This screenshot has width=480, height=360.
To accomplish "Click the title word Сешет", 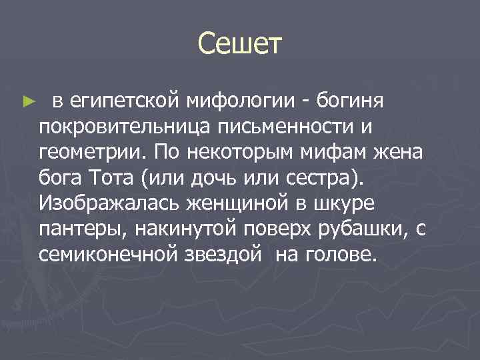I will (x=240, y=45).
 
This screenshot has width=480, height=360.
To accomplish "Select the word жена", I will (x=397, y=151).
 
